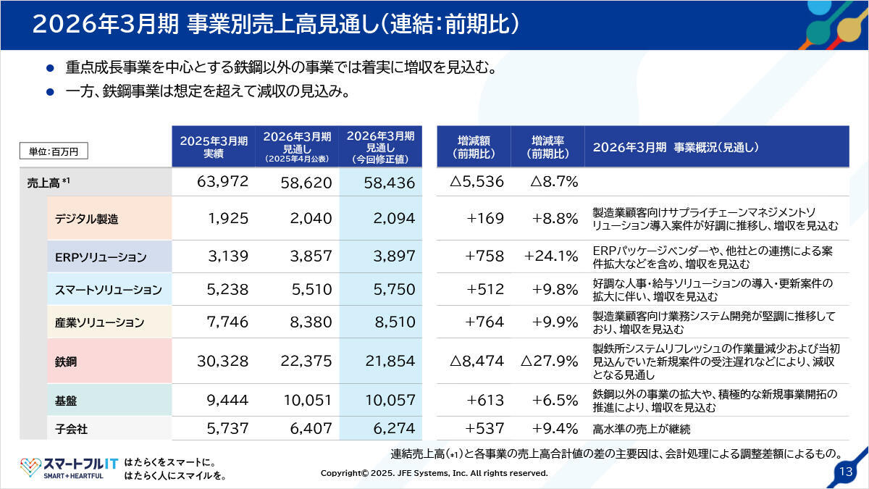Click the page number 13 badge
(x=844, y=471)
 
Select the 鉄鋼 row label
(x=67, y=361)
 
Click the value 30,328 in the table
(x=218, y=361)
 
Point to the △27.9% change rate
(x=549, y=361)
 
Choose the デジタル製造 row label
(x=87, y=219)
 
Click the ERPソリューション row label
(x=101, y=257)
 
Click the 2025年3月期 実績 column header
(x=214, y=147)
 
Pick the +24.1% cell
(x=552, y=257)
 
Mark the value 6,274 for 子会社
(x=390, y=428)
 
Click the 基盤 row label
(x=67, y=400)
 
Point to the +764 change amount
(x=485, y=322)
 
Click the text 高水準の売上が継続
(x=641, y=429)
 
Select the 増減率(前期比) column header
(x=547, y=147)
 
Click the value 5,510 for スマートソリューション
(x=308, y=289)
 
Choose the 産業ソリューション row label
(x=100, y=322)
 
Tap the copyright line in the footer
(x=434, y=473)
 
